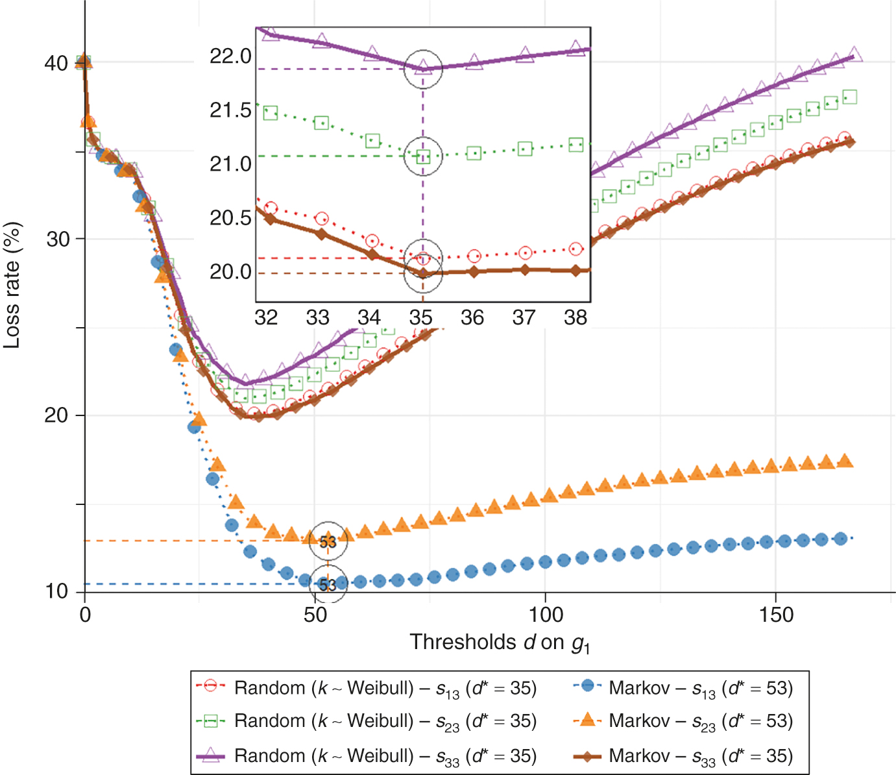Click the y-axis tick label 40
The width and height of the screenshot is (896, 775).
[56, 64]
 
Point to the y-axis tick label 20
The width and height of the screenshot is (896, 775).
[56, 415]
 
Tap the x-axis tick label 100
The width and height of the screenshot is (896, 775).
[545, 615]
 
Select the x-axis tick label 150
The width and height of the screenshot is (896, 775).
[776, 615]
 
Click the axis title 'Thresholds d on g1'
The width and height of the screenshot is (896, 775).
[500, 643]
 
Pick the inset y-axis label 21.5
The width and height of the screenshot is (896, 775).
[230, 110]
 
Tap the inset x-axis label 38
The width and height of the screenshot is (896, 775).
[575, 317]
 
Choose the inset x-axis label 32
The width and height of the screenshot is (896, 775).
[266, 317]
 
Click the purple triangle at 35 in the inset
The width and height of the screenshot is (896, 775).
[423, 66]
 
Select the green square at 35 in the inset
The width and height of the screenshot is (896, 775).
[423, 156]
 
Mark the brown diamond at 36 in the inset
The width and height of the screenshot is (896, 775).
[474, 272]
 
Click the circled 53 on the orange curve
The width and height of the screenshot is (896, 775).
[328, 541]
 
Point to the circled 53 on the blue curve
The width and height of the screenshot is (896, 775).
[328, 585]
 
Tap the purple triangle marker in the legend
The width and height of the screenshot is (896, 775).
[210, 756]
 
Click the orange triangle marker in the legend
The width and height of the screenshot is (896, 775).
[588, 720]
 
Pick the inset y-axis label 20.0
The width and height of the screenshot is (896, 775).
[230, 272]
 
